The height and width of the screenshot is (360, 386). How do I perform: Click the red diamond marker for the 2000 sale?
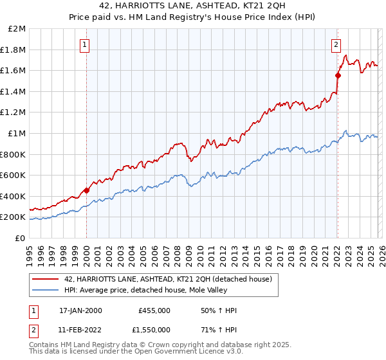(86, 190)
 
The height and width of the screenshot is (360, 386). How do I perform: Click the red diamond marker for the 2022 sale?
(337, 75)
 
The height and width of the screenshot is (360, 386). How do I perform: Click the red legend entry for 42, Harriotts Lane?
(169, 279)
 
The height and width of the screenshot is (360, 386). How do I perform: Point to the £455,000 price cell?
(154, 310)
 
